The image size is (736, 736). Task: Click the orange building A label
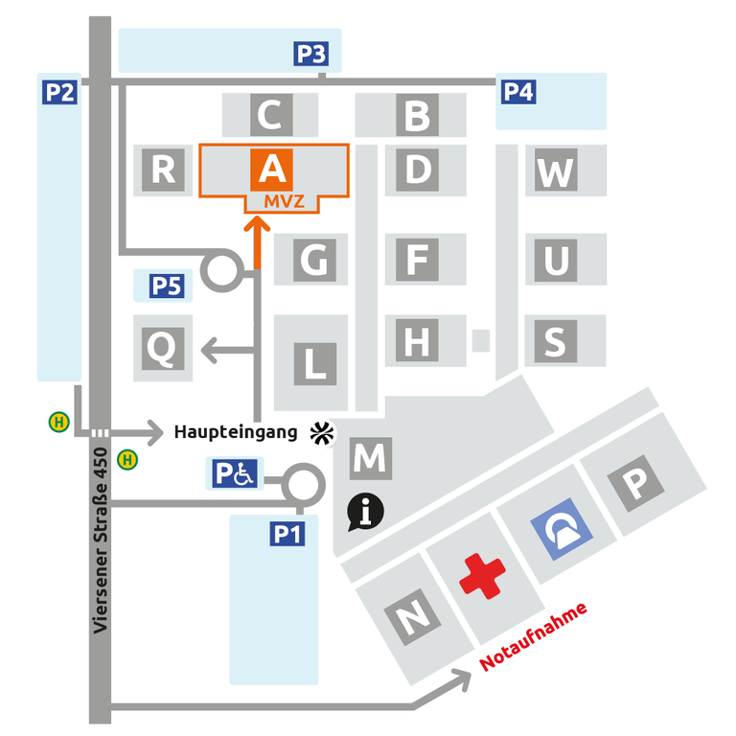pyautogui.click(x=272, y=169)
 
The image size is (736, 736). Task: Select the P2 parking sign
pyautogui.click(x=59, y=92)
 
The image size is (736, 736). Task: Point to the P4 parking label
pyautogui.click(x=518, y=92)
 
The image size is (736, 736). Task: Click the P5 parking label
pyautogui.click(x=167, y=285)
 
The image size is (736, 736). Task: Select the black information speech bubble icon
pyautogui.click(x=365, y=512)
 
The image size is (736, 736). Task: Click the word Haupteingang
pyautogui.click(x=236, y=432)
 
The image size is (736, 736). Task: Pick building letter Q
pyautogui.click(x=164, y=348)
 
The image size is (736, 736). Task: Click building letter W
pyautogui.click(x=555, y=172)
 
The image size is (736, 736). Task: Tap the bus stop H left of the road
pyautogui.click(x=59, y=421)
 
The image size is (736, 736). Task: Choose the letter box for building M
pyautogui.click(x=369, y=458)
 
